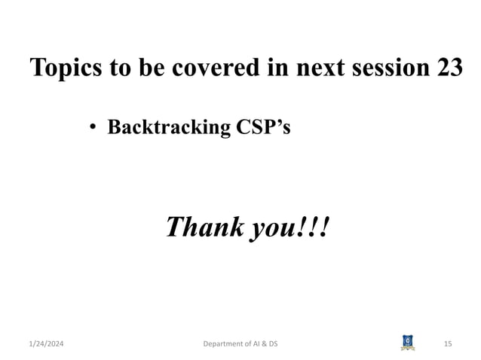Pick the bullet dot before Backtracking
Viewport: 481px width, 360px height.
click(x=92, y=127)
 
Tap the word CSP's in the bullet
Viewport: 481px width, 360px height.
click(x=262, y=127)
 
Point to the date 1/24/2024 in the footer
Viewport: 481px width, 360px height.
click(x=45, y=344)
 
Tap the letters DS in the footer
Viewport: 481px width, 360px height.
click(x=282, y=344)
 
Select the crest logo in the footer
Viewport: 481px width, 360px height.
click(x=408, y=343)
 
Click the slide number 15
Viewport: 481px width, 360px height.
click(x=448, y=344)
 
